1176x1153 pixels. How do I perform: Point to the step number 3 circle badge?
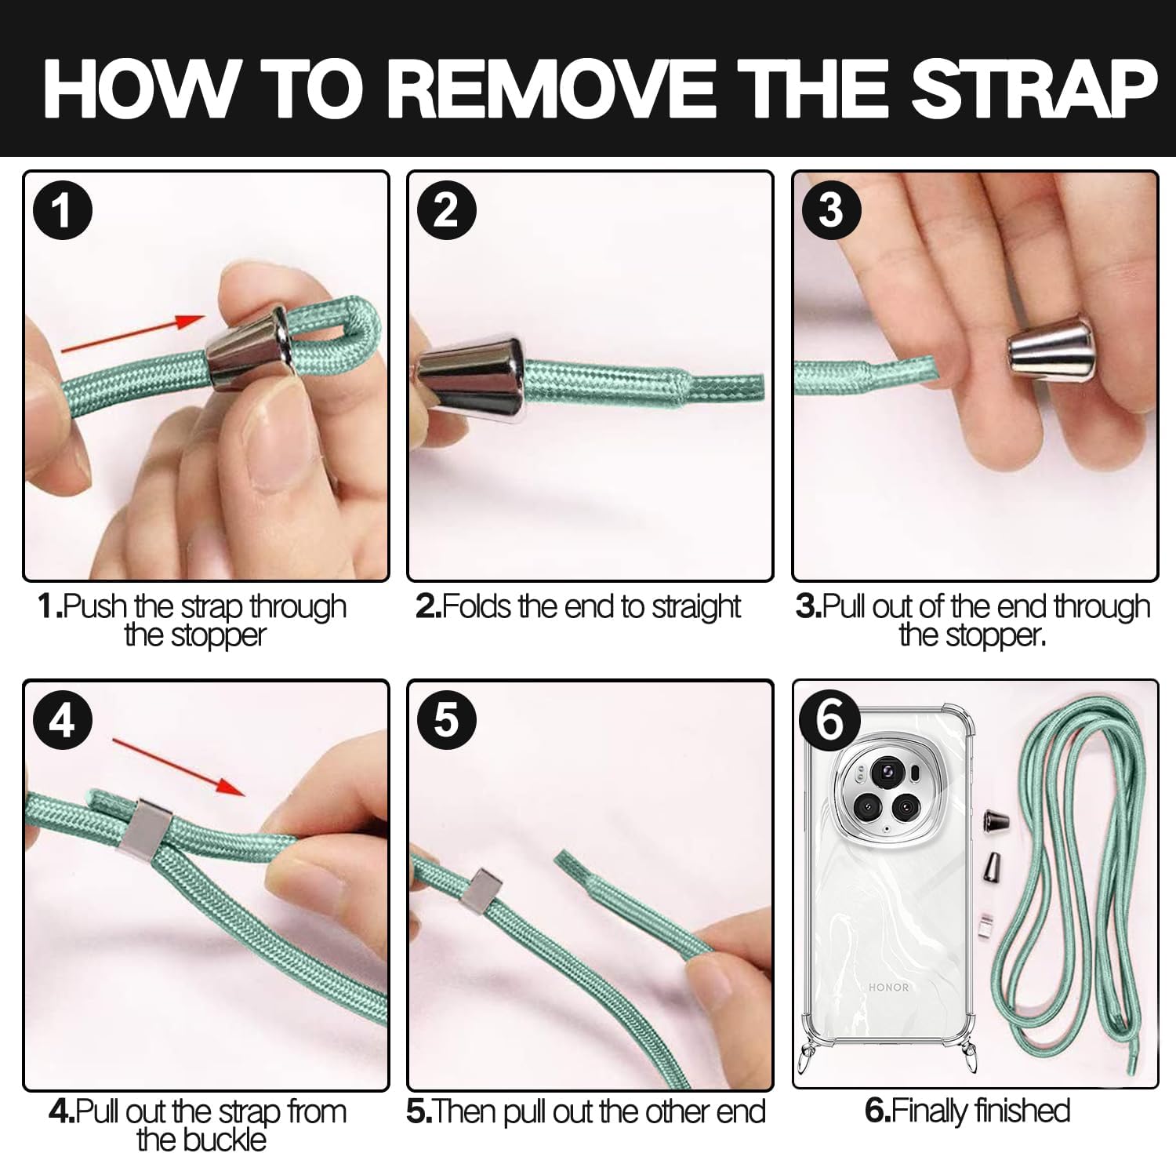point(831,210)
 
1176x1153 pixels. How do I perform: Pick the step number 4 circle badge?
point(63,719)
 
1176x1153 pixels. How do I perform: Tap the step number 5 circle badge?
point(447,719)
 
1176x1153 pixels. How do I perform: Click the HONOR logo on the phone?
point(888,987)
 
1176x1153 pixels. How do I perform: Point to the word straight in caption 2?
point(696,606)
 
